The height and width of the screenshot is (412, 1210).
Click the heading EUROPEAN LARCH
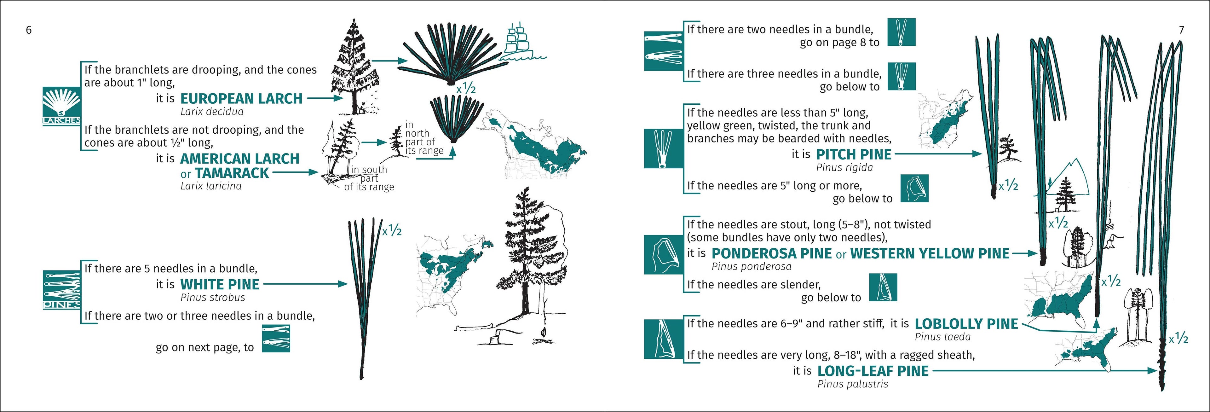[x=241, y=99]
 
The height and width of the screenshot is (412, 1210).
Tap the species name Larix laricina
[x=211, y=186]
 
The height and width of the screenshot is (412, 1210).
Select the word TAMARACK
[x=232, y=173]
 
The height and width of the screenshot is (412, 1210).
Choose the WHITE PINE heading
[x=219, y=284]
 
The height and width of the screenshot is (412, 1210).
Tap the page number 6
[x=29, y=30]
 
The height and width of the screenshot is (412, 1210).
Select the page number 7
[x=1181, y=30]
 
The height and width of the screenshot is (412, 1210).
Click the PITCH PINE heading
[x=854, y=154]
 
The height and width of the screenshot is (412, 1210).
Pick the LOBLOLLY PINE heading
[x=966, y=324]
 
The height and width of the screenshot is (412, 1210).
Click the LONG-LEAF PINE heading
[x=873, y=371]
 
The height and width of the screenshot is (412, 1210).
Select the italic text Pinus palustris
[x=853, y=384]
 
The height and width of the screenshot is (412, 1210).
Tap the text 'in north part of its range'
[x=424, y=138]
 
